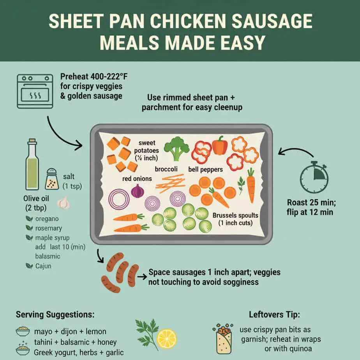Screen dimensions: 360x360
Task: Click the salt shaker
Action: (52, 179)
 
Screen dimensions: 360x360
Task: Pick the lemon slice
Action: (166, 339)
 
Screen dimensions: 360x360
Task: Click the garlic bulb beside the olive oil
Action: (63, 203)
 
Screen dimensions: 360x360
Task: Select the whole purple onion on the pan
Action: (137, 191)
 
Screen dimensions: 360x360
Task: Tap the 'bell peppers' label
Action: (205, 169)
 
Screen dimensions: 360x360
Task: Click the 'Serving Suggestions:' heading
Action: (55, 314)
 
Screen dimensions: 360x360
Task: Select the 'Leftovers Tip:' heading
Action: (275, 314)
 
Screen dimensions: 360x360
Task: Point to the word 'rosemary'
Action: (49, 228)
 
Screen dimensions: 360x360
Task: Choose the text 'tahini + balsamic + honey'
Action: (75, 342)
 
